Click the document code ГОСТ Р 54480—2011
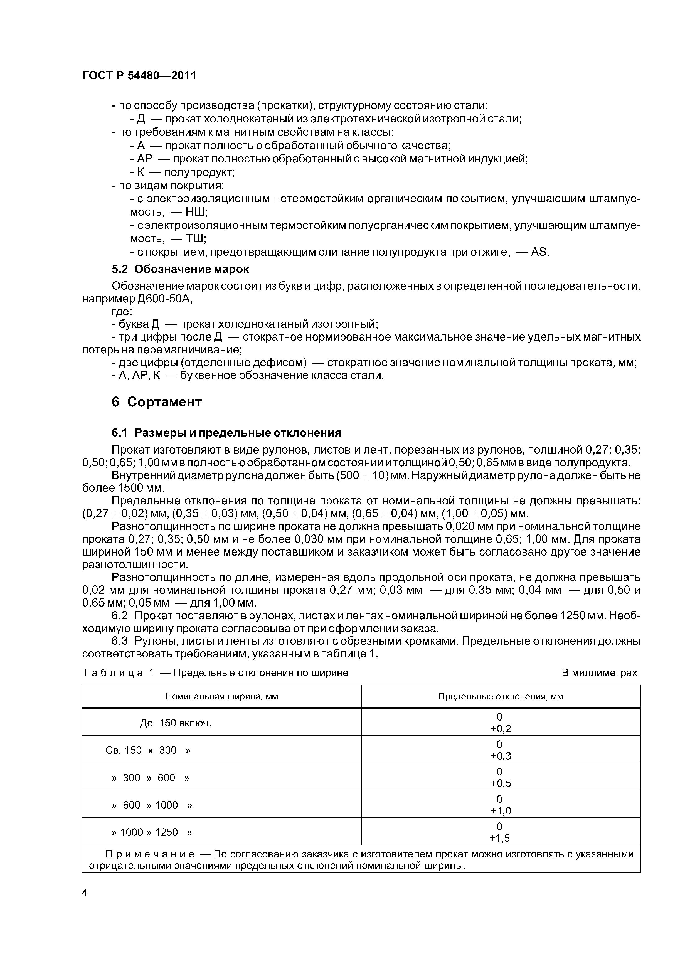point(139,76)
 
